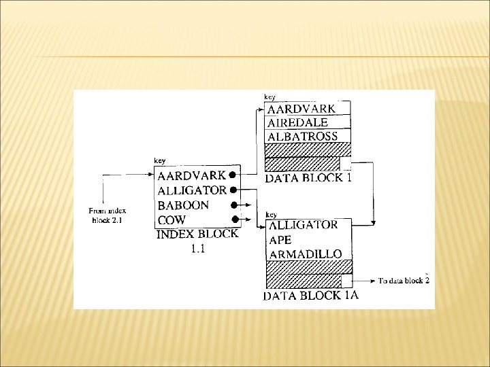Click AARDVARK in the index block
click(x=192, y=175)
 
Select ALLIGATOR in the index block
click(x=192, y=190)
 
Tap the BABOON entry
click(x=184, y=205)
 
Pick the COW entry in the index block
click(x=171, y=220)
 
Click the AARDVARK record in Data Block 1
click(x=301, y=108)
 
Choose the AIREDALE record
click(x=298, y=122)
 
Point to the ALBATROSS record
click(x=303, y=136)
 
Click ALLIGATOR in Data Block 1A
click(x=304, y=225)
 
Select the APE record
click(x=281, y=239)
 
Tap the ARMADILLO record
click(x=306, y=254)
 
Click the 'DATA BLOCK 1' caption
click(x=308, y=179)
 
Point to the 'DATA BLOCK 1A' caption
click(x=310, y=296)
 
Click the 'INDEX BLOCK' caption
click(x=197, y=234)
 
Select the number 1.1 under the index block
click(x=198, y=249)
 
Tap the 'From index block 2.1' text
click(x=108, y=215)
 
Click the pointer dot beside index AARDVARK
click(x=233, y=175)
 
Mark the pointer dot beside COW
click(x=234, y=219)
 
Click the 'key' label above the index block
click(x=160, y=160)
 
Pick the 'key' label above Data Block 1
click(x=269, y=97)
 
